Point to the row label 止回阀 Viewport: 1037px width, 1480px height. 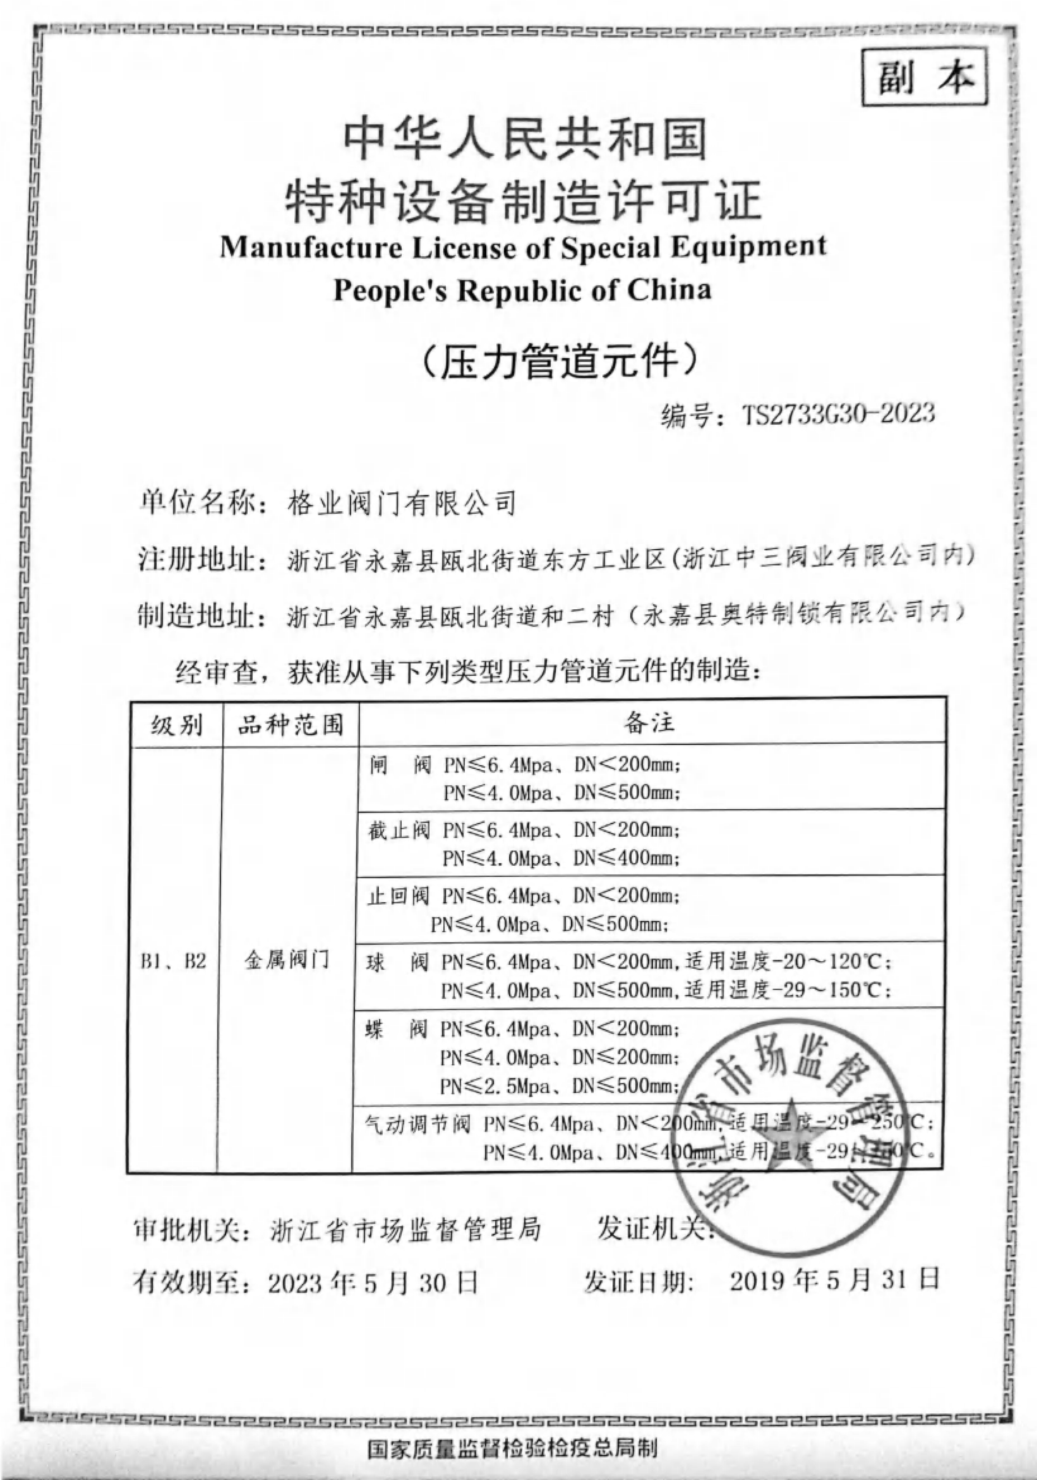pos(398,896)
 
